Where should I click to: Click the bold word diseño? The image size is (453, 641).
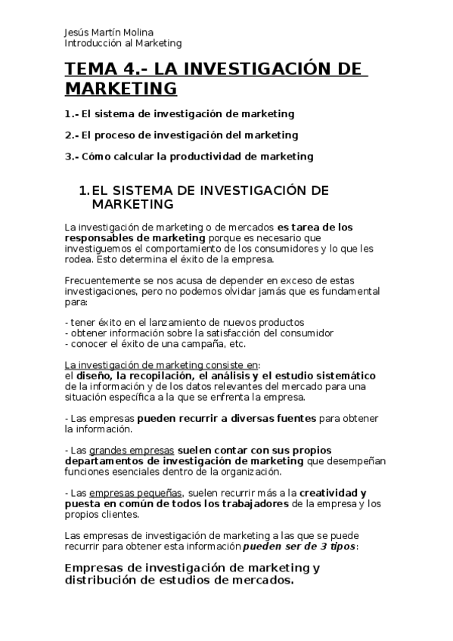tap(93, 376)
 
